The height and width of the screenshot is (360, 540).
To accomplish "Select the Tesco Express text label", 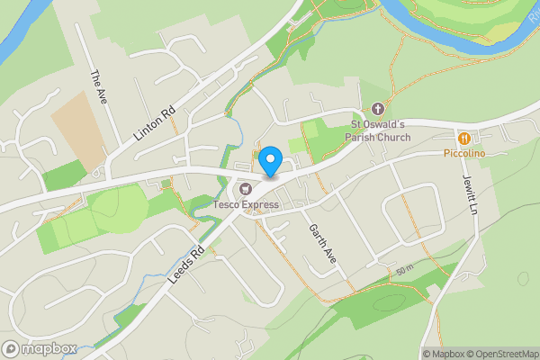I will coord(246,205).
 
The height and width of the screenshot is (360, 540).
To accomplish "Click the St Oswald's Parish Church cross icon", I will coord(378,109).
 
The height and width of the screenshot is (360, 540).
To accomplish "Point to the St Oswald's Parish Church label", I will coord(380,131).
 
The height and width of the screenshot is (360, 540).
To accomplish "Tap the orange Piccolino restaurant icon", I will coord(464,139).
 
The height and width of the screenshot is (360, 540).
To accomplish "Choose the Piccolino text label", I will coord(464,155).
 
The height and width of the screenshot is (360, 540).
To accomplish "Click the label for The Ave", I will coord(99,87).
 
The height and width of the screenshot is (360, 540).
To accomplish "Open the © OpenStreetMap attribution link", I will coord(500,354).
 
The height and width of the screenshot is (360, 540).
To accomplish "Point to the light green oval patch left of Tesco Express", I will coord(117,206).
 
